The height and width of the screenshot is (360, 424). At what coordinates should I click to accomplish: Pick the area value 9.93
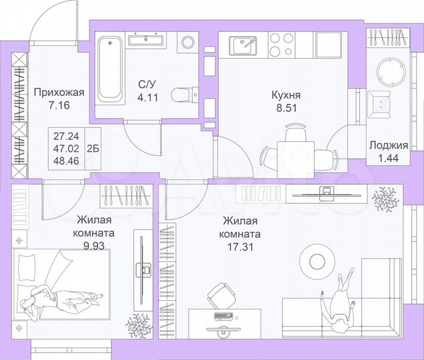click(x=95, y=245)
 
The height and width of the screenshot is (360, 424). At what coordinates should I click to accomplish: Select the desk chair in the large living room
click(x=221, y=294)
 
